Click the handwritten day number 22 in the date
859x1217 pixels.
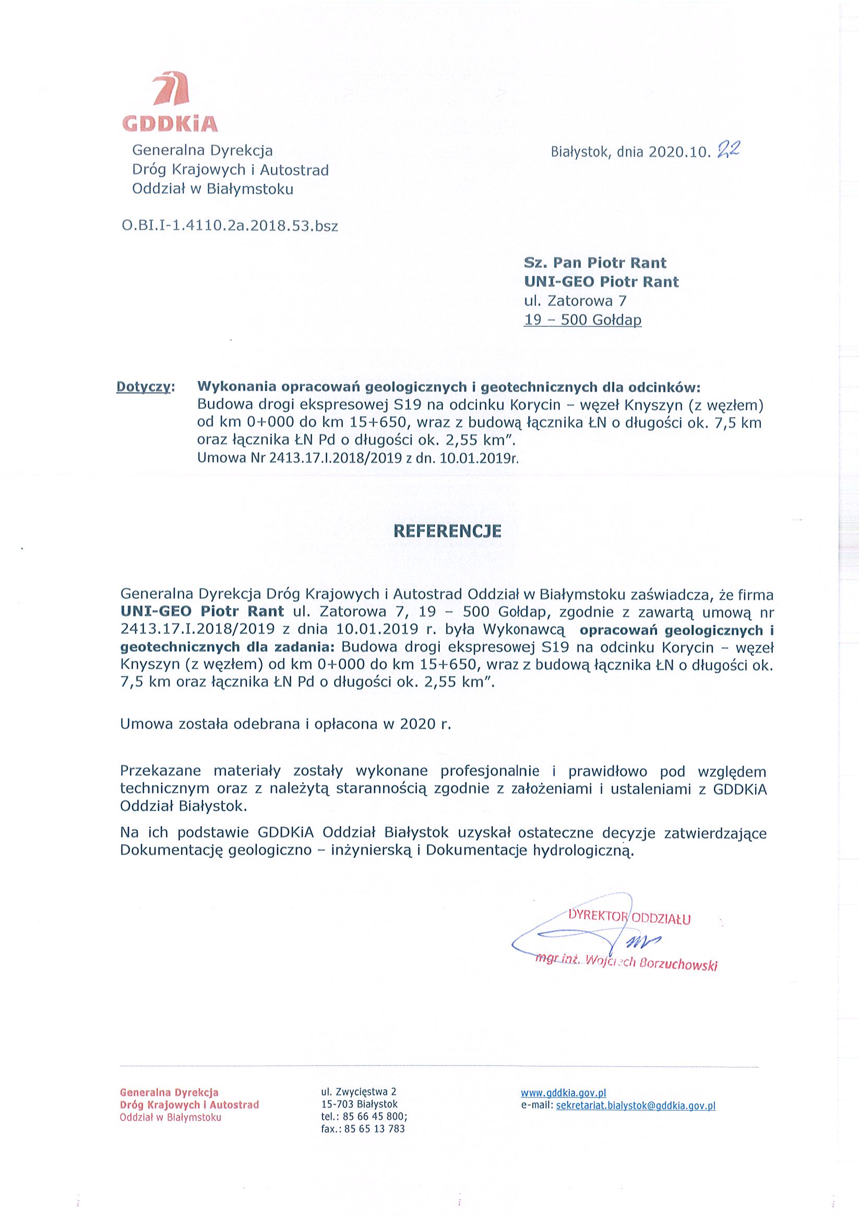(x=727, y=151)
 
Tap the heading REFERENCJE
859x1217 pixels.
(x=447, y=531)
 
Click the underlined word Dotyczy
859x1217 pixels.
(x=143, y=387)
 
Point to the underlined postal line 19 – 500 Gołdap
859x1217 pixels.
(x=582, y=320)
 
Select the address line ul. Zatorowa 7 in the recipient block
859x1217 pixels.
(x=575, y=301)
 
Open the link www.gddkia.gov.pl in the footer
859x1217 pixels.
(x=563, y=1092)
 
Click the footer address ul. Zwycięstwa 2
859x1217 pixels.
(x=358, y=1092)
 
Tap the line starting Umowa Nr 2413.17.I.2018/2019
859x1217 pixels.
(x=357, y=458)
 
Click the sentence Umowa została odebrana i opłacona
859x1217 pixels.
(x=285, y=724)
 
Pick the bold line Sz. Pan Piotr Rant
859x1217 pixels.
(x=594, y=263)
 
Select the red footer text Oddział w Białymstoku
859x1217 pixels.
(x=170, y=1117)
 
